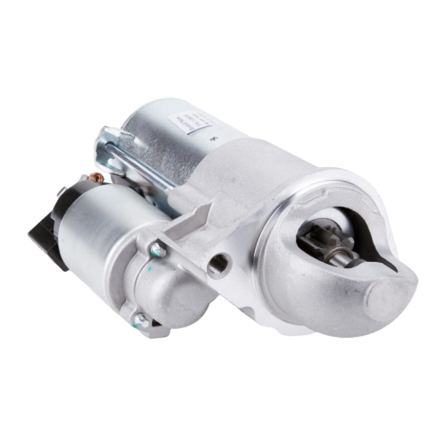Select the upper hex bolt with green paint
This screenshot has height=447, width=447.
[156, 249]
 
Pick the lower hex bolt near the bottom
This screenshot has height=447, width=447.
[139, 319]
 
